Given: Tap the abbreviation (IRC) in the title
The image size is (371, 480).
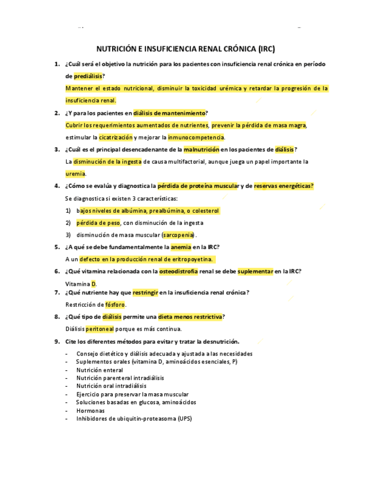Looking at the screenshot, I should (x=266, y=49).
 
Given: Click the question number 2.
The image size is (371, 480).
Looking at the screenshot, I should (x=57, y=113).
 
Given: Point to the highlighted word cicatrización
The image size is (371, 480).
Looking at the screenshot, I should (x=116, y=137).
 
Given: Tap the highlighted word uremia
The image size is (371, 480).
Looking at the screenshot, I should (x=75, y=174).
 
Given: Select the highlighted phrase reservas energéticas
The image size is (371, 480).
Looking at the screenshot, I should (x=284, y=186).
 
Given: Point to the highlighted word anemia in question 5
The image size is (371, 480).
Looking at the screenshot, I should (x=181, y=247).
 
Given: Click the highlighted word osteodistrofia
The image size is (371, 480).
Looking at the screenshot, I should (x=178, y=271).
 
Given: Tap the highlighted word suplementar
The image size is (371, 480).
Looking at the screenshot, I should (x=255, y=271).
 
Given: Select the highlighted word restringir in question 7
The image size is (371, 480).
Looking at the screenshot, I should (x=147, y=292).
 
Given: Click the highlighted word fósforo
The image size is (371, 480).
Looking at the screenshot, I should (x=115, y=305).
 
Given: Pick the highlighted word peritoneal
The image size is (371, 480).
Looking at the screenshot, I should (x=100, y=329).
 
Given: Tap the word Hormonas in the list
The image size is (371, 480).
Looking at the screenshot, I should (x=91, y=410).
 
